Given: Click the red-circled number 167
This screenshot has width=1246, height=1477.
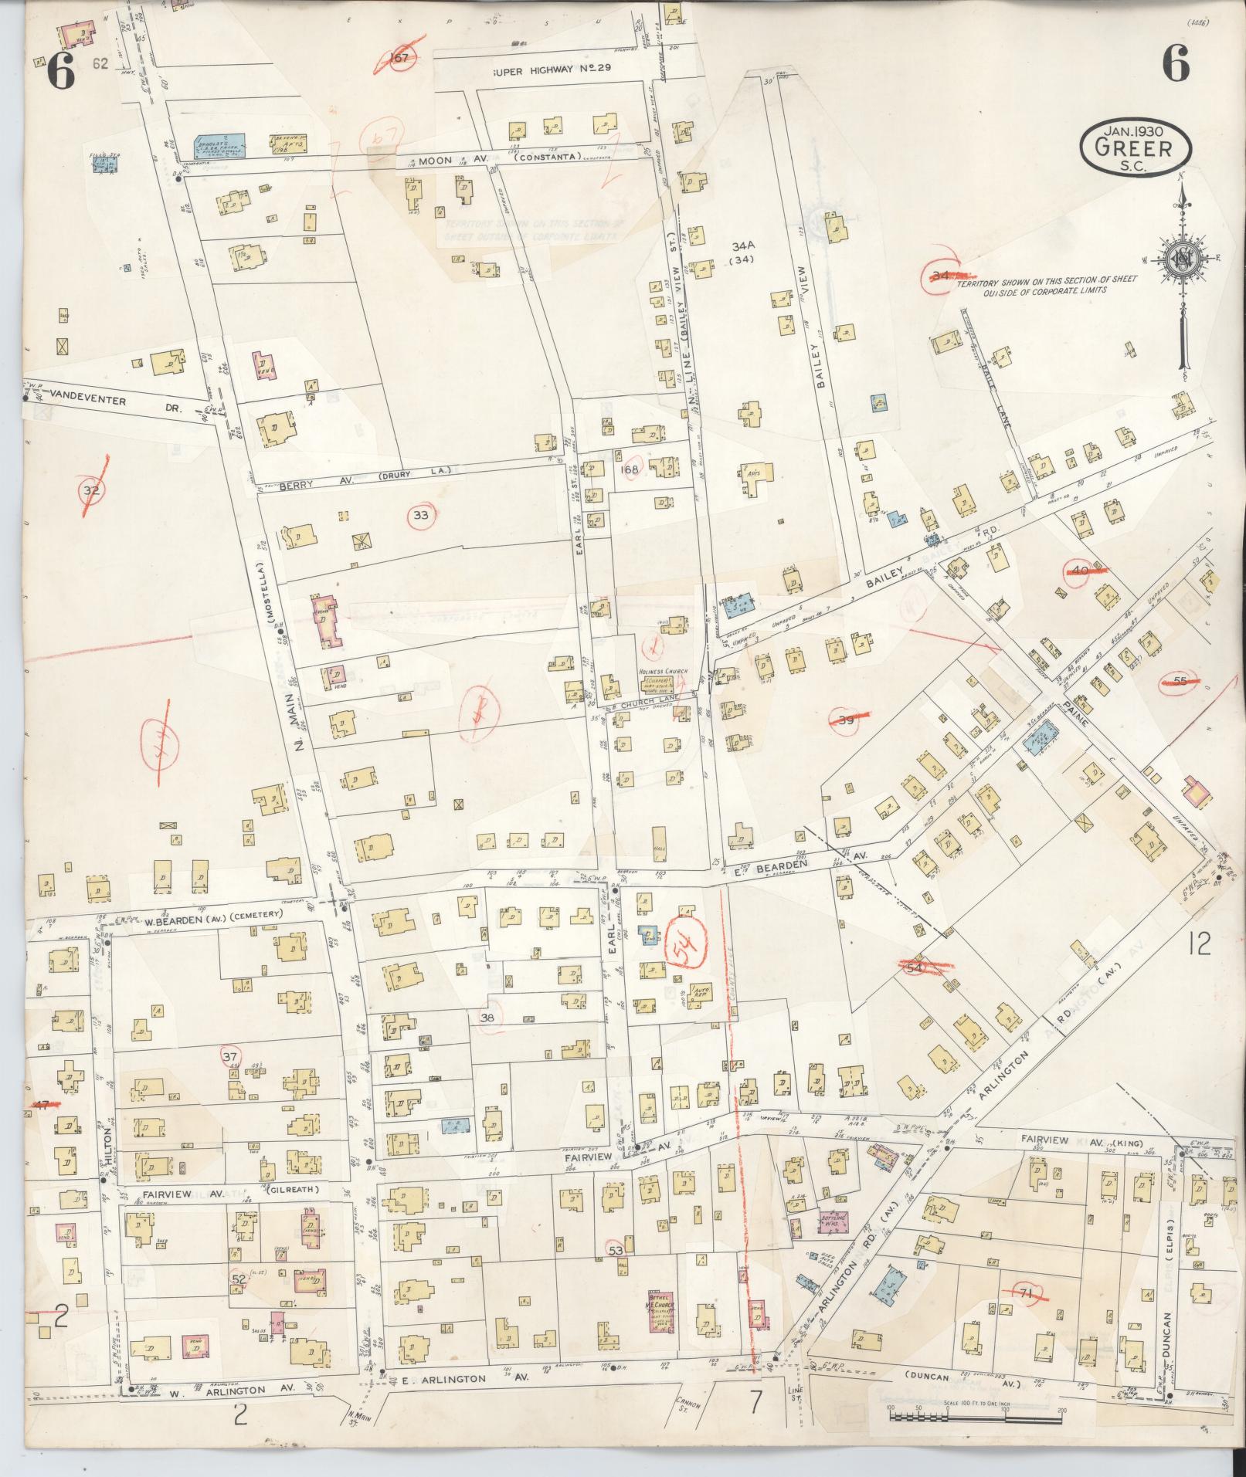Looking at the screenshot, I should (x=399, y=58).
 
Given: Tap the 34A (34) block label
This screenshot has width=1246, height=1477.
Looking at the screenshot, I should (x=742, y=252).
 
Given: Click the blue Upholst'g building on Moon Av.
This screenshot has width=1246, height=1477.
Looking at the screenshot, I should (x=219, y=144).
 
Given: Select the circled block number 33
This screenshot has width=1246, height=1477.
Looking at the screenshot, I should (x=420, y=515).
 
